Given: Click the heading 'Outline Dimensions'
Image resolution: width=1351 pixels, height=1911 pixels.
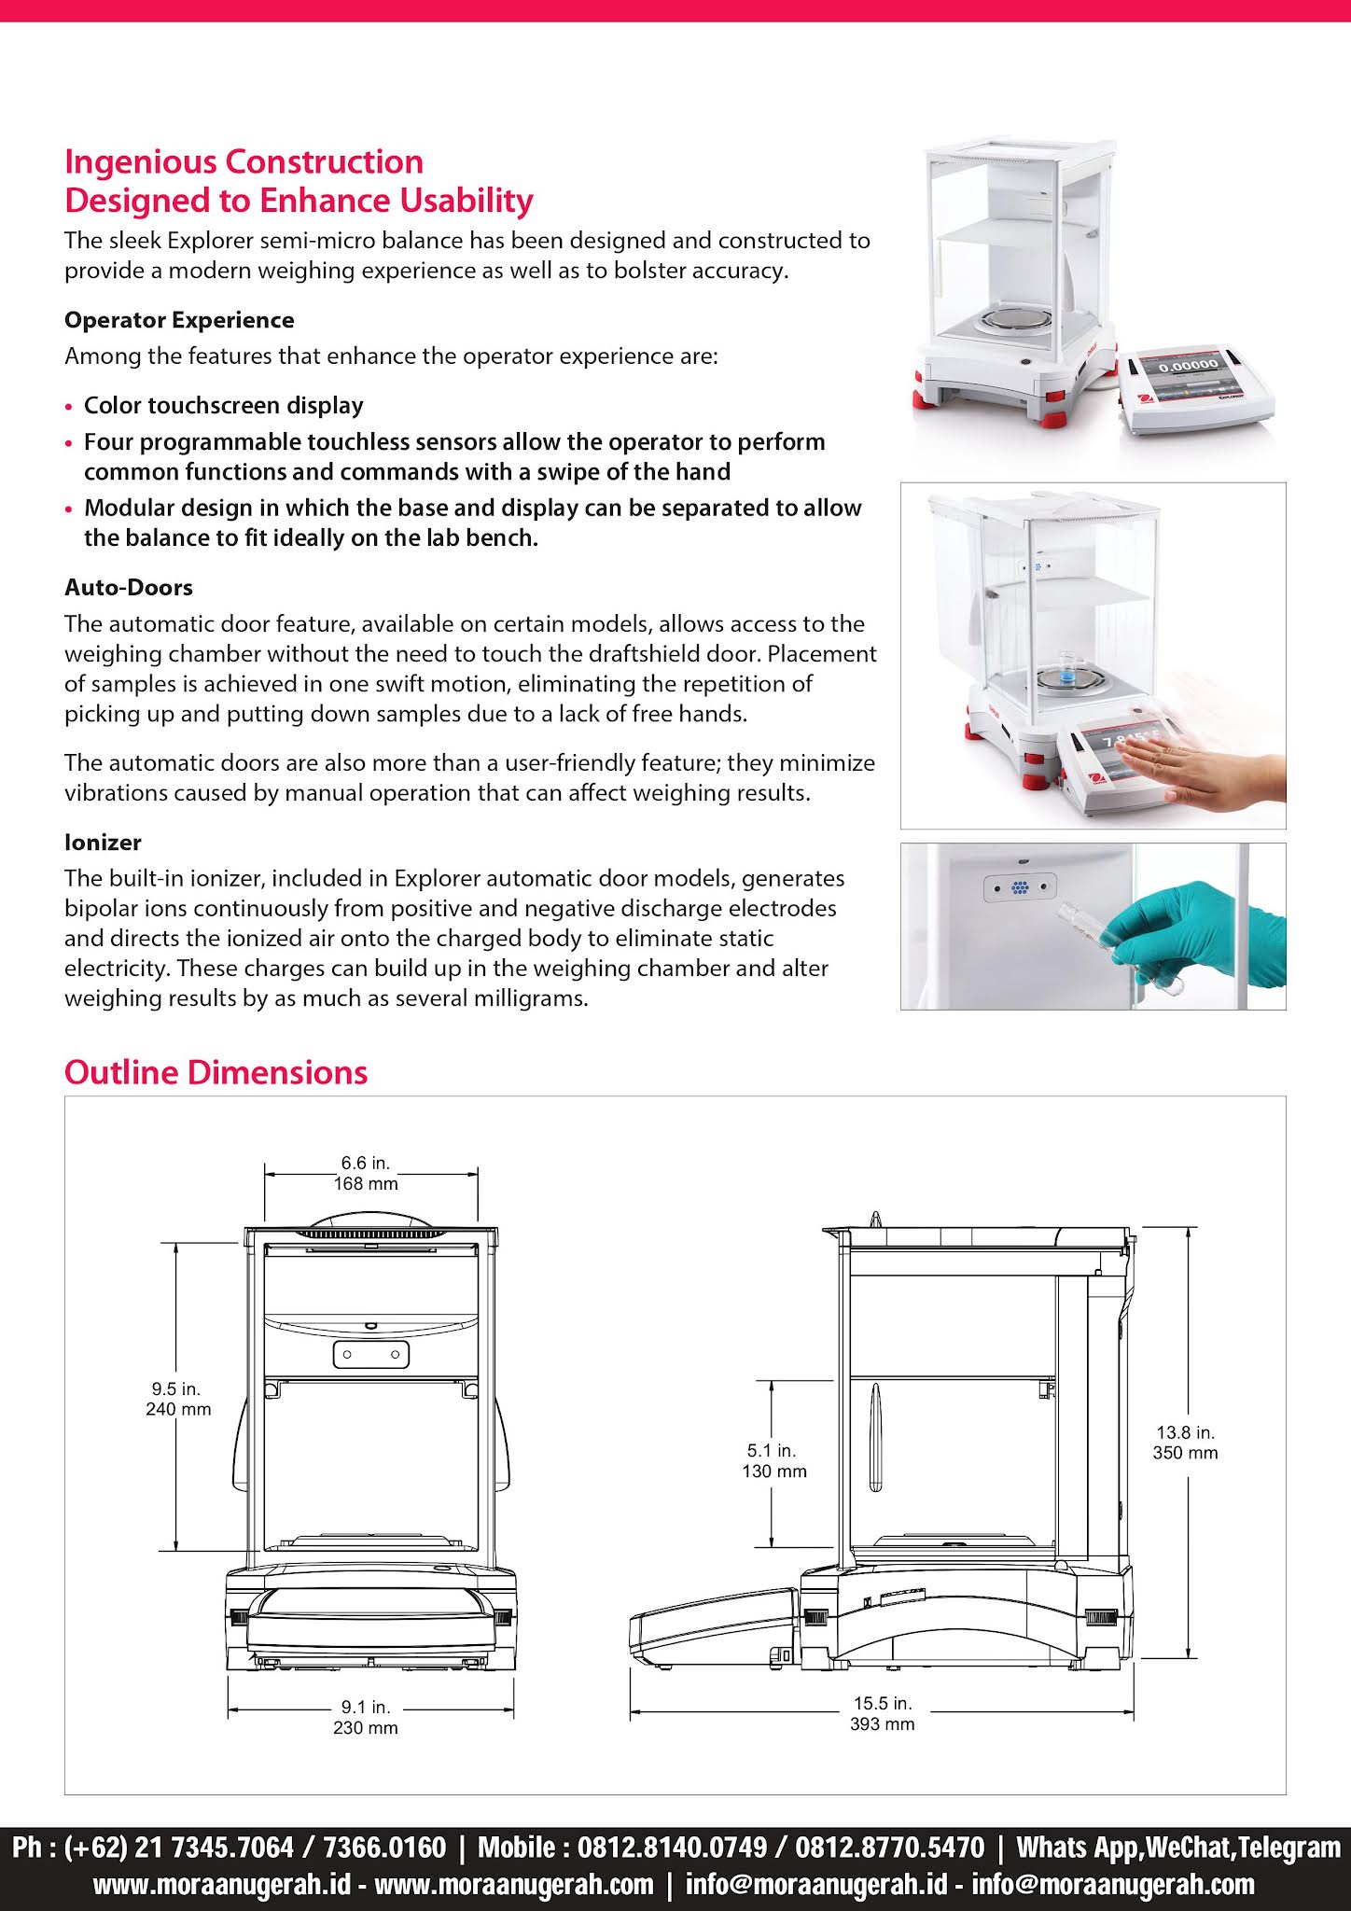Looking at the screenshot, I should click(216, 1072).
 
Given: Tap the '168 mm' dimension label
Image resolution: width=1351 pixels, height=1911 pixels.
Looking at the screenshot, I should click(366, 1183).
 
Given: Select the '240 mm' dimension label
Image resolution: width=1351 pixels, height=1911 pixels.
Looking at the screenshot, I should click(178, 1409).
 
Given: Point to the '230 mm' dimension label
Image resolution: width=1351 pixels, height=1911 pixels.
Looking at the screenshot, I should click(366, 1727).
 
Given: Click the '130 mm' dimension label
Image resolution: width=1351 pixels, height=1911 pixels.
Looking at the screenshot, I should click(774, 1472).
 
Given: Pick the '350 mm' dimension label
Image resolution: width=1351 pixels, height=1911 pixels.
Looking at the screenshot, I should click(1185, 1453).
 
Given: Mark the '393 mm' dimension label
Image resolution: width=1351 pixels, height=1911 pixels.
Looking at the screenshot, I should click(882, 1723).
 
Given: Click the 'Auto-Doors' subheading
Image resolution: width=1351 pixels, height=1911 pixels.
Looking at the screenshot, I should click(129, 588).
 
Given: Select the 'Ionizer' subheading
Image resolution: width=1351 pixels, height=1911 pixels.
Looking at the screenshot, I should click(103, 843).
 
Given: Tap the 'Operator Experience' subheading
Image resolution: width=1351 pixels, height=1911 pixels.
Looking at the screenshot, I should click(179, 320).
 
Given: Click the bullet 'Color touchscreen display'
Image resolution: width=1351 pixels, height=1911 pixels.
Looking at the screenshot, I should click(224, 406).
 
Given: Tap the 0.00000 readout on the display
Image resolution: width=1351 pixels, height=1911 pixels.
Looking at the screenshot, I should click(1188, 365).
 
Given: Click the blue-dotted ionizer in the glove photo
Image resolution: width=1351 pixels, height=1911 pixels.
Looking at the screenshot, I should click(1020, 887).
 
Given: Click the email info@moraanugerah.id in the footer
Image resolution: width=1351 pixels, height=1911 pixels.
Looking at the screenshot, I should click(816, 1884).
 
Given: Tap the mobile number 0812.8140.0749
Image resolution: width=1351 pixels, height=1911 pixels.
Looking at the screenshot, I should click(672, 1847).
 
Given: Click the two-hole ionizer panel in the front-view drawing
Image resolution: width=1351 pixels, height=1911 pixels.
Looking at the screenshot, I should click(370, 1354).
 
